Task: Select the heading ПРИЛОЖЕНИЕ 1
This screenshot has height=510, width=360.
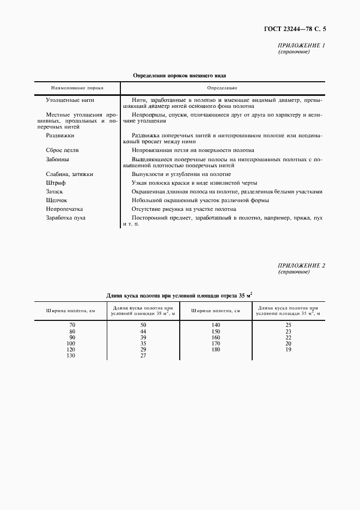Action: pos(301,46)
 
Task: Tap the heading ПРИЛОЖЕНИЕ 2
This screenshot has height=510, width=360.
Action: pos(301,265)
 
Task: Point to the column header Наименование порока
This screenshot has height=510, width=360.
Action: pos(77,88)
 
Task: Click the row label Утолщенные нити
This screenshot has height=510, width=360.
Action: pos(71,100)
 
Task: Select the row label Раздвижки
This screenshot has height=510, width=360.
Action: pos(60,135)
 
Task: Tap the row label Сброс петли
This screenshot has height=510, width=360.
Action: pos(63,150)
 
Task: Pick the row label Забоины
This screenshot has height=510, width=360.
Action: pos(58,159)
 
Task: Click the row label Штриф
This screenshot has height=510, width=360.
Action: pos(56,183)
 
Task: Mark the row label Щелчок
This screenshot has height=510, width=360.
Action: pos(57,200)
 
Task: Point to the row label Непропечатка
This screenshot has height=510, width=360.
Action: pos(64,209)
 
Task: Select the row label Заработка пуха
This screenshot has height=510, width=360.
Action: pos(66,217)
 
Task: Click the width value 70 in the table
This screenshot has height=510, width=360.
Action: pos(71,325)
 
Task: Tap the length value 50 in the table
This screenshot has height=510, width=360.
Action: pos(143,325)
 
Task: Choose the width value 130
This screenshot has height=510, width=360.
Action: pos(70,355)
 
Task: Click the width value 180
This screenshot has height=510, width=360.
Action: pos(216,349)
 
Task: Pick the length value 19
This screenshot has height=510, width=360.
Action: pos(289,349)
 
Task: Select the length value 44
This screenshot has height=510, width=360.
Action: pos(143,331)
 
